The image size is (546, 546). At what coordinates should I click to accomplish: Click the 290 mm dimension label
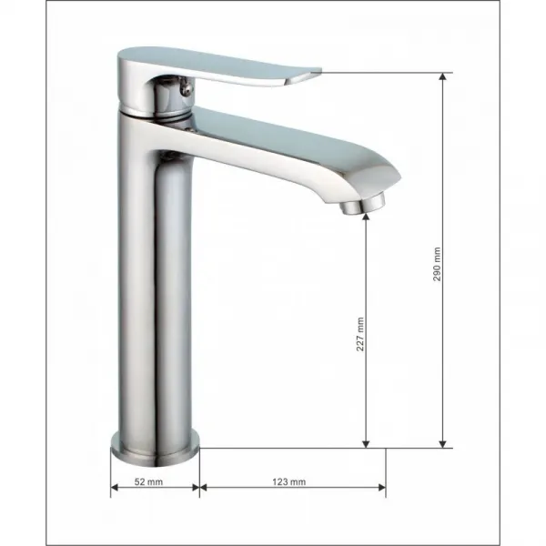[437, 264]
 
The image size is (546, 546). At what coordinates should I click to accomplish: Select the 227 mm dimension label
[360, 334]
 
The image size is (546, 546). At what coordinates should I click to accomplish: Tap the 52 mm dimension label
[148, 482]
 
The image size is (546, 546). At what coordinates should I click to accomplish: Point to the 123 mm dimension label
[289, 482]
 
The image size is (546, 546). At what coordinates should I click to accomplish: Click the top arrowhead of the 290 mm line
[442, 76]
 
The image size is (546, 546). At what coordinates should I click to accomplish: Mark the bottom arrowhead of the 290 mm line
[442, 444]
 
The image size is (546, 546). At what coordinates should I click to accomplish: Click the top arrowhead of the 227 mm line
[366, 217]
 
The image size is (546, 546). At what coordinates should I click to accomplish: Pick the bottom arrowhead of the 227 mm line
[366, 444]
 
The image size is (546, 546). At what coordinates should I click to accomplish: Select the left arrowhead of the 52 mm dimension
[115, 487]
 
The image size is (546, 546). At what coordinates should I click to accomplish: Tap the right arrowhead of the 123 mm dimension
[381, 487]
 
